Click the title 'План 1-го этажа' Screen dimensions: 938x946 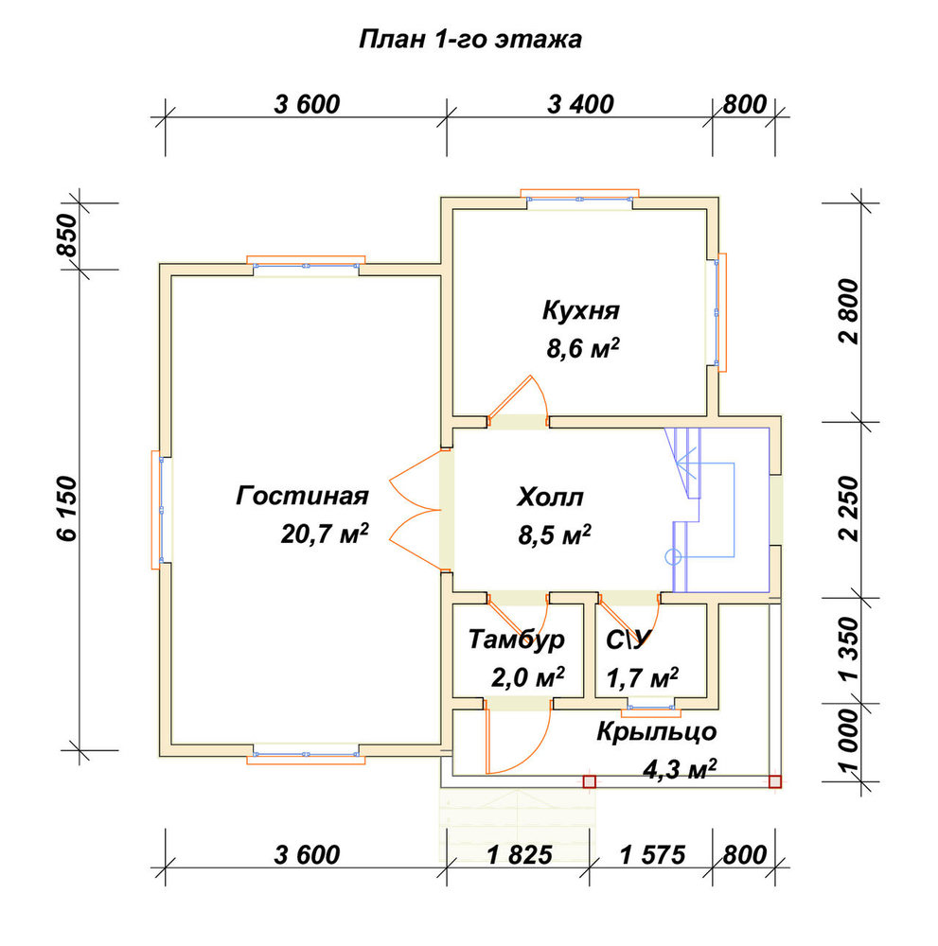pyautogui.click(x=470, y=40)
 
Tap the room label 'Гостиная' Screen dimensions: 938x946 pyautogui.click(x=302, y=496)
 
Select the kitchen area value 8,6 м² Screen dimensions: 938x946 pyautogui.click(x=583, y=349)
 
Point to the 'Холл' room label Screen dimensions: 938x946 pyautogui.click(x=551, y=498)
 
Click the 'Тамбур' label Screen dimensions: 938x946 pyautogui.click(x=517, y=639)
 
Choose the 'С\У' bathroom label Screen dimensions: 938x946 pyautogui.click(x=628, y=640)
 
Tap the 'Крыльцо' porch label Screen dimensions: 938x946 pyautogui.click(x=657, y=732)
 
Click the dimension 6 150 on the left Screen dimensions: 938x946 pyautogui.click(x=68, y=508)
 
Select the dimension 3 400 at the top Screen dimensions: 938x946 pyautogui.click(x=580, y=104)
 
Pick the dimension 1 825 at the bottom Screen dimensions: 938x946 pyautogui.click(x=519, y=855)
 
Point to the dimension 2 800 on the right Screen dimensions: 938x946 pyautogui.click(x=849, y=311)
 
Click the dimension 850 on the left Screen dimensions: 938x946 pyautogui.click(x=68, y=236)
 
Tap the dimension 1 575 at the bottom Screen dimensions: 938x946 pyautogui.click(x=652, y=855)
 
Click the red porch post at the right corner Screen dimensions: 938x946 pyautogui.click(x=775, y=782)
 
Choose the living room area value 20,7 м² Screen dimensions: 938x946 pyautogui.click(x=324, y=534)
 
